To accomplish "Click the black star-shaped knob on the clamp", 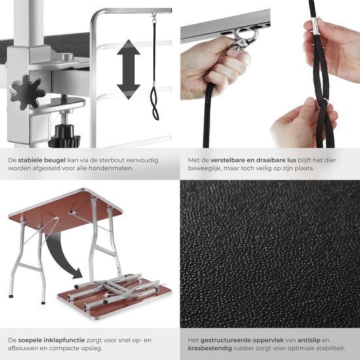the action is (x=27, y=92).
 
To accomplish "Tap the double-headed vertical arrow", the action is (x=128, y=69).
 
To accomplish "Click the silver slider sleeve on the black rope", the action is (x=315, y=27).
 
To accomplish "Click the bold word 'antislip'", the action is (x=309, y=340).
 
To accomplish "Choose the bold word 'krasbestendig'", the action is (x=210, y=348).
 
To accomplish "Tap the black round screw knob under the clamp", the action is (x=64, y=136).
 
